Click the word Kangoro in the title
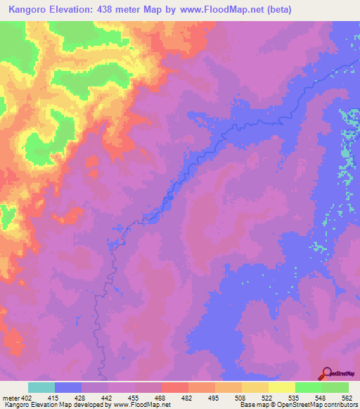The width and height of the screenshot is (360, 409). (x=30, y=10)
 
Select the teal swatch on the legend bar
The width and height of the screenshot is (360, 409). (x=41, y=387)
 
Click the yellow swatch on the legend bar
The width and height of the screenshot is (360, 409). (x=282, y=387)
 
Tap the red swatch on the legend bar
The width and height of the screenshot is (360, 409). (x=175, y=387)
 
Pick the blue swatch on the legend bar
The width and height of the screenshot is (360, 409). (x=68, y=387)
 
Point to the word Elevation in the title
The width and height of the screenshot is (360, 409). (x=72, y=10)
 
